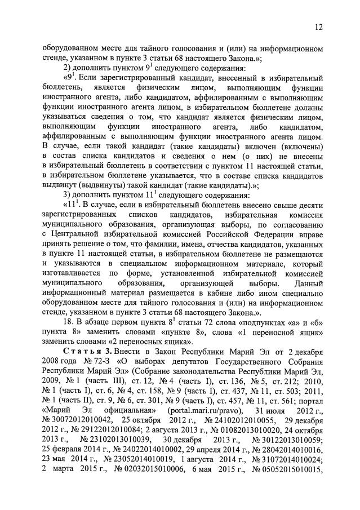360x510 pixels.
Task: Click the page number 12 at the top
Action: pos(318,26)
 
